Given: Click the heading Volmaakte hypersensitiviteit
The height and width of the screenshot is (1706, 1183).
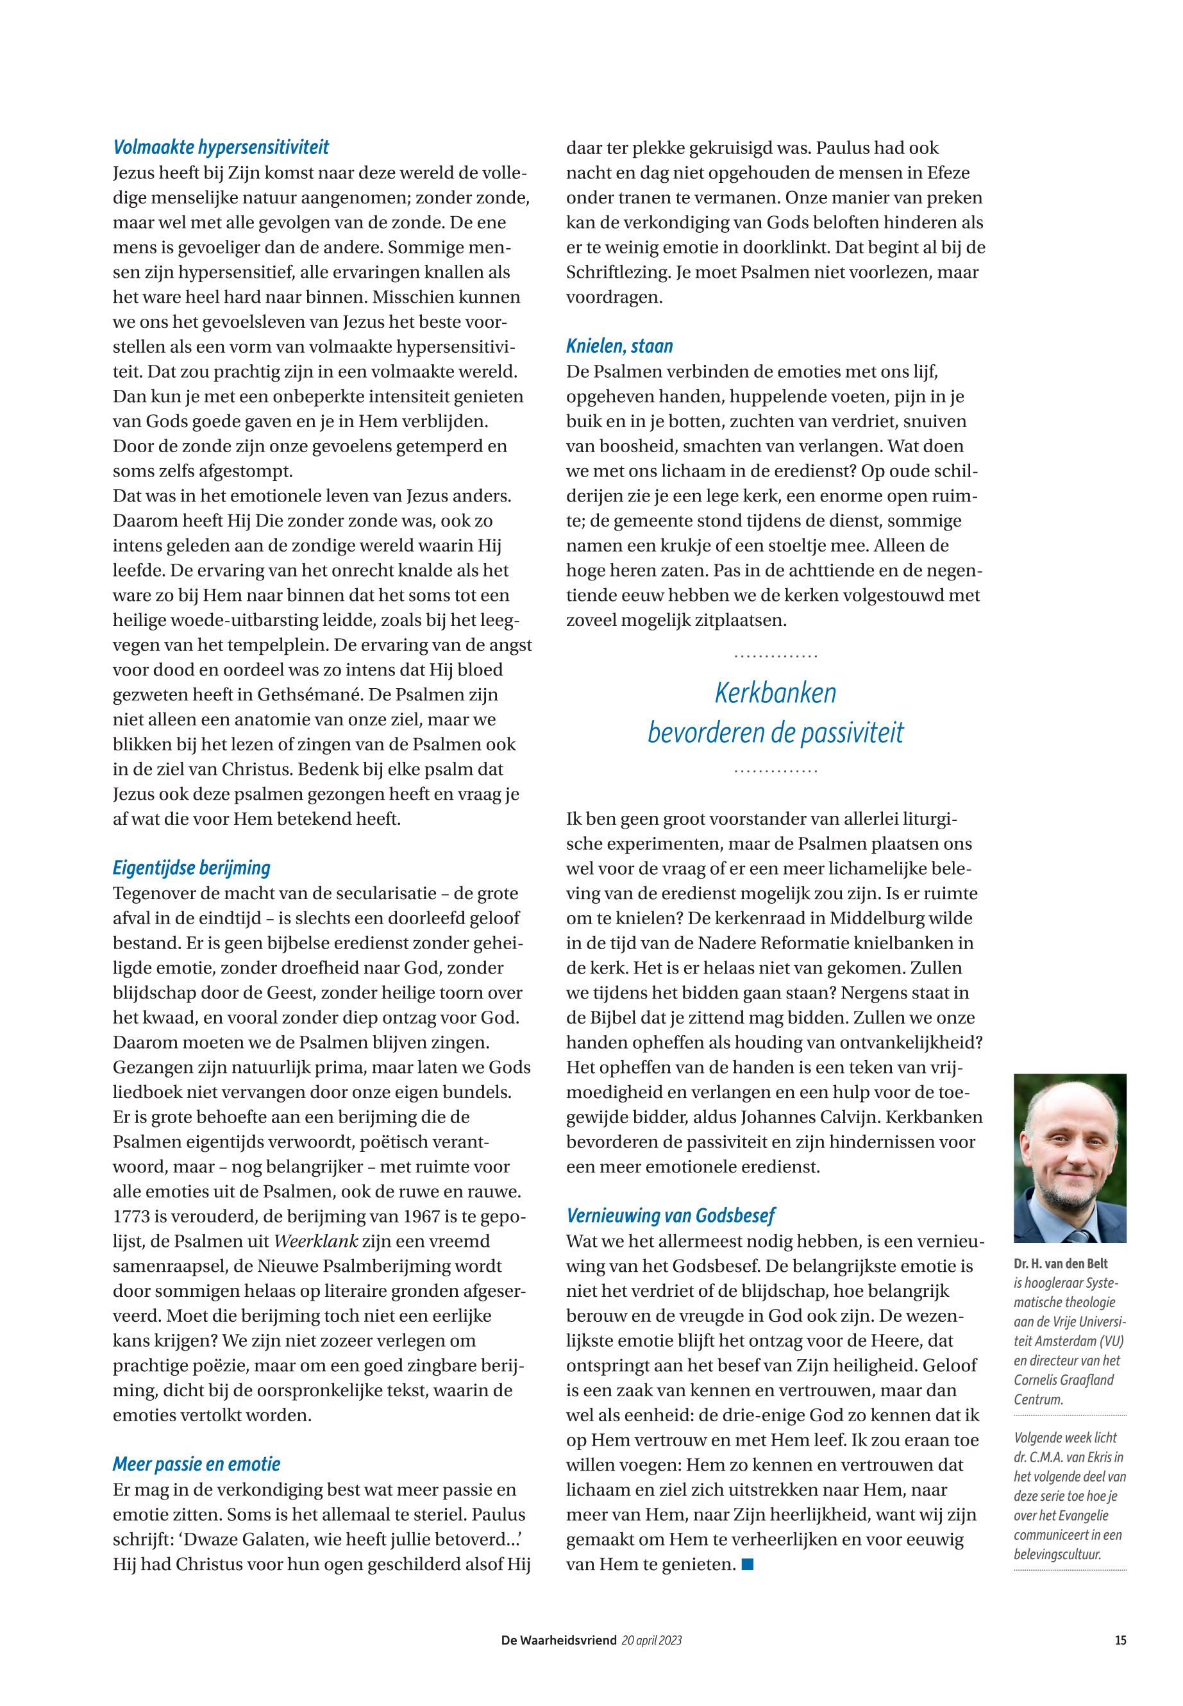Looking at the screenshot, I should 221,147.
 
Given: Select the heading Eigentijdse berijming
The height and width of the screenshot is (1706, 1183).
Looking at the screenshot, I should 191,868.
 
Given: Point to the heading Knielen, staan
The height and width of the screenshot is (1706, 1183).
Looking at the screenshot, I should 619,346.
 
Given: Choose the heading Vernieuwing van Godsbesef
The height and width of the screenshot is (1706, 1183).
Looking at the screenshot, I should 670,1215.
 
